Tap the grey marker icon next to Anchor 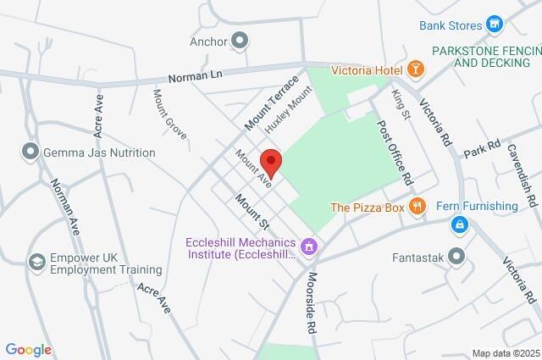241,41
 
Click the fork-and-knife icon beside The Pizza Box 416,206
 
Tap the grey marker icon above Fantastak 458,255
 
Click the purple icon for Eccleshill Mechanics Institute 310,246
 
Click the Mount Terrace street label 272,103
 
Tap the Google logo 29,350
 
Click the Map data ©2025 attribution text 506,353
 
